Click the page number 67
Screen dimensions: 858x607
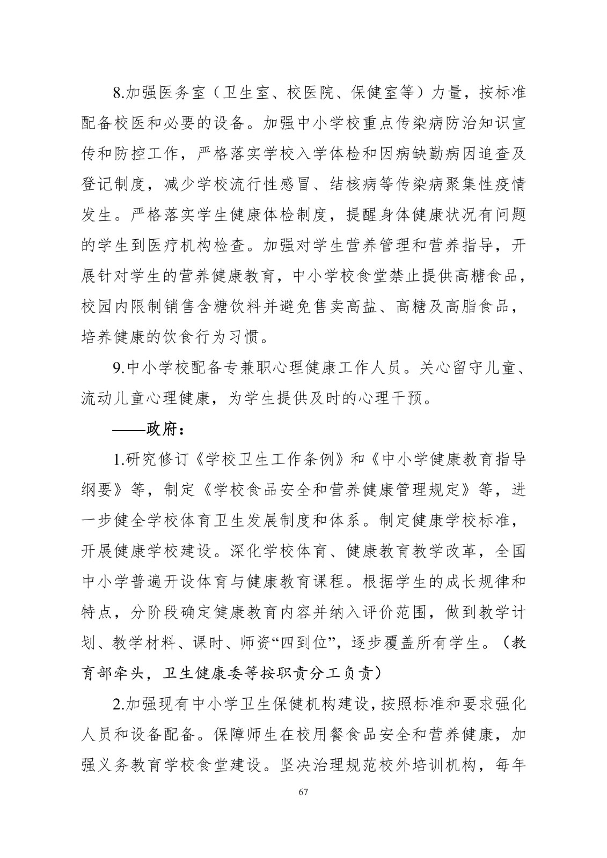[303, 793]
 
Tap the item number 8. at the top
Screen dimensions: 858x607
[118, 93]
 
